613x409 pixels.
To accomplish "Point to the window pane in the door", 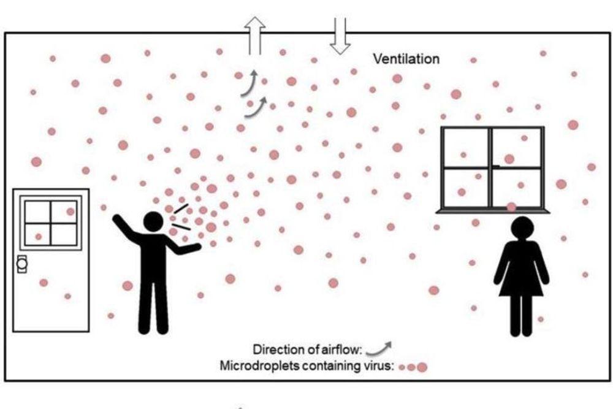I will [x=51, y=221].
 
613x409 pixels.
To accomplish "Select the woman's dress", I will [x=521, y=270].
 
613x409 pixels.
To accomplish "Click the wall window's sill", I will [x=492, y=211].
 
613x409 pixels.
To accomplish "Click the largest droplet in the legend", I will [x=422, y=367].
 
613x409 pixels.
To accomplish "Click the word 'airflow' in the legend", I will [x=341, y=350].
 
